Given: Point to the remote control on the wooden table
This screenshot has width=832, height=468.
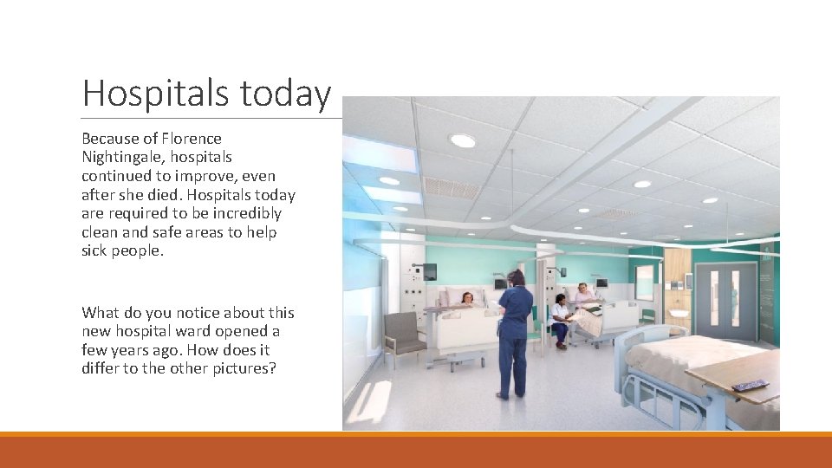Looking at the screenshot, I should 750,384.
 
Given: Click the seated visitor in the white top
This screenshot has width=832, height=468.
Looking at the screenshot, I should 561,320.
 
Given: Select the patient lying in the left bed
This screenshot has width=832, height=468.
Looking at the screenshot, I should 467,299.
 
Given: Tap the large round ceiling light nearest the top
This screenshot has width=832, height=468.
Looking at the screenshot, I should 462,140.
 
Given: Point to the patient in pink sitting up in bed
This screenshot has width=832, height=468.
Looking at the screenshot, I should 583,293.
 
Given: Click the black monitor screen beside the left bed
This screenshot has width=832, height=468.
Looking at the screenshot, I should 429,272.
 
